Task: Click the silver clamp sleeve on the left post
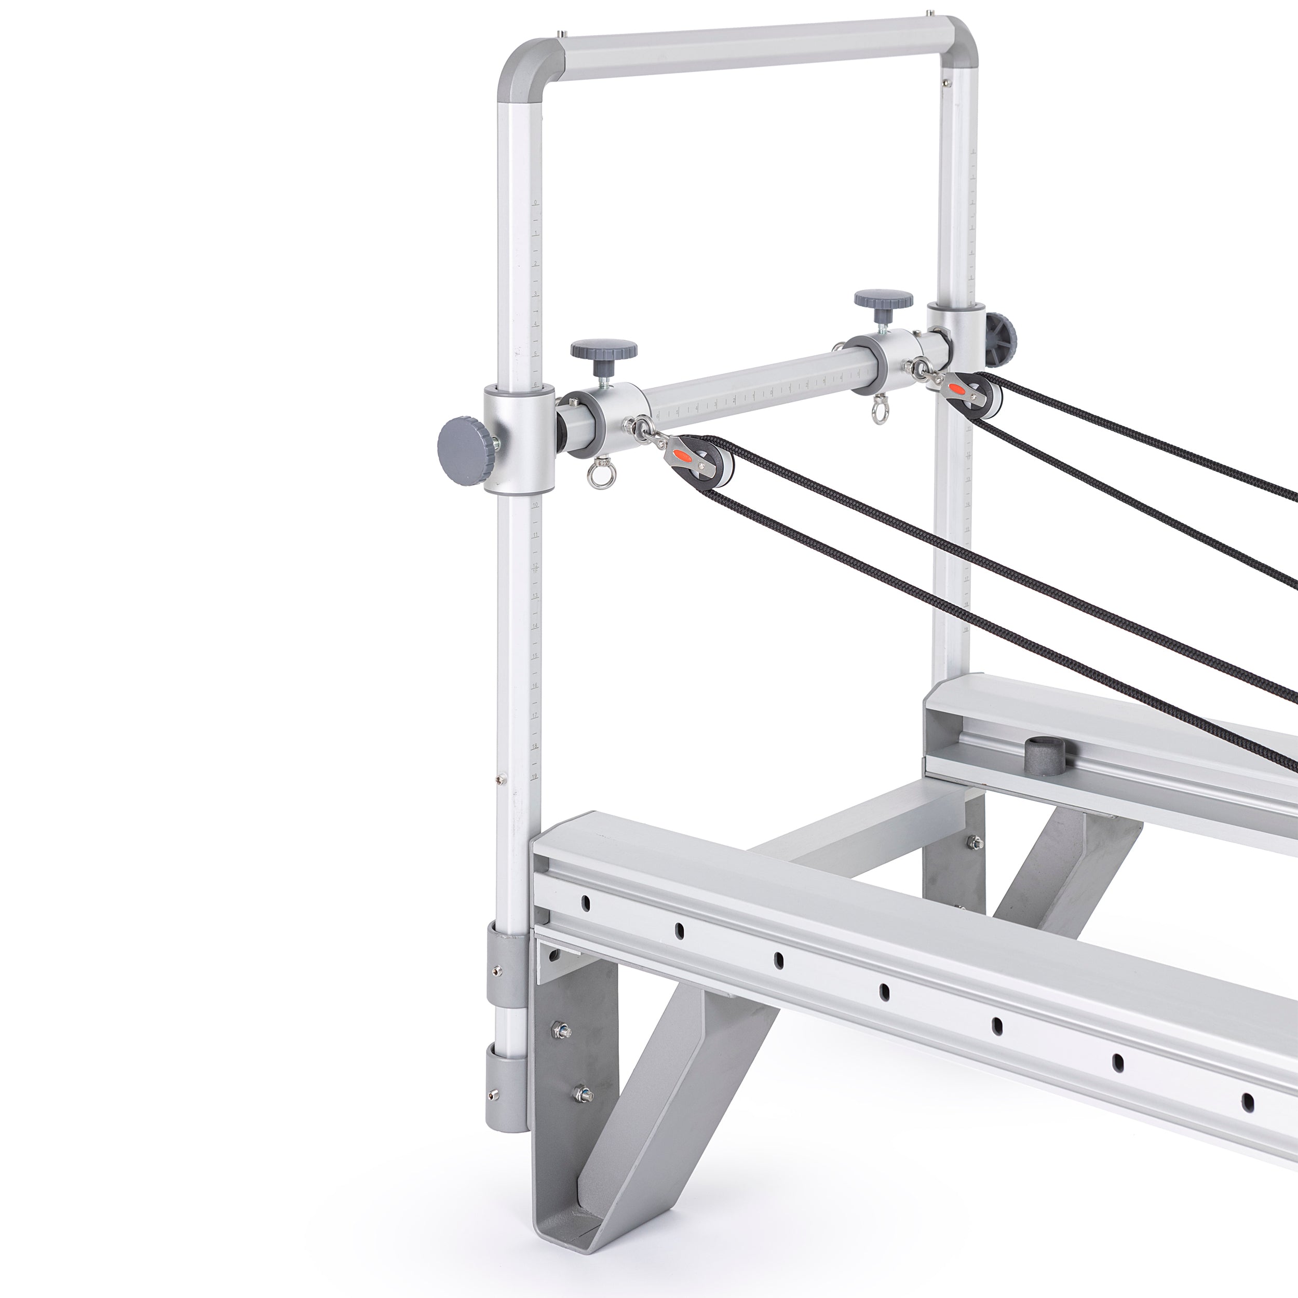click(x=518, y=439)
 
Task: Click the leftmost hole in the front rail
click(x=585, y=902)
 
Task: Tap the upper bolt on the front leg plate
click(x=560, y=1047)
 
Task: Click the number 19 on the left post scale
click(x=534, y=776)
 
